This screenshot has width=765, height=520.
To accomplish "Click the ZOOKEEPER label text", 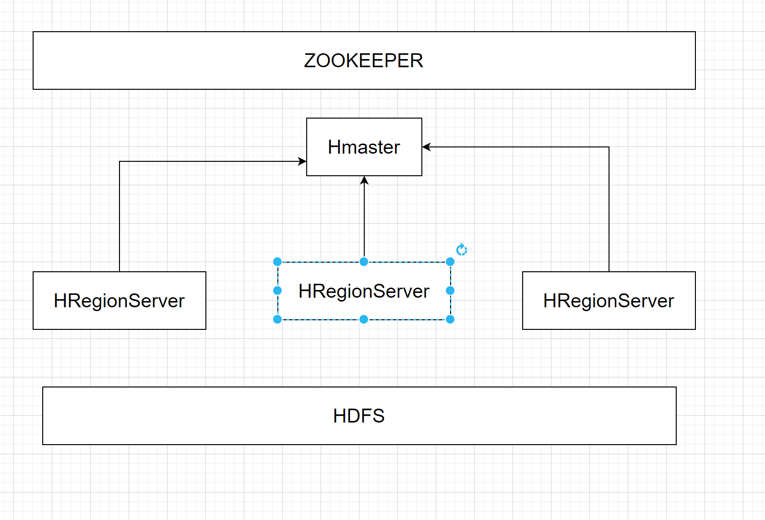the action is click(x=363, y=61).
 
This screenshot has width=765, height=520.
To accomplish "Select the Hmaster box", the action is click(x=364, y=147).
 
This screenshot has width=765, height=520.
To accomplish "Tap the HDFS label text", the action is click(x=359, y=416).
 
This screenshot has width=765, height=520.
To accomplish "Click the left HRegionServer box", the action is click(x=120, y=301).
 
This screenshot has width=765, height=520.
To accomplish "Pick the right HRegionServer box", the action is click(x=609, y=301).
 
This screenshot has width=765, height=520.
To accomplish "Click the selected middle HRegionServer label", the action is click(x=364, y=291).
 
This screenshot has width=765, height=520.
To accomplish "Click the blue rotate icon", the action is click(x=462, y=249).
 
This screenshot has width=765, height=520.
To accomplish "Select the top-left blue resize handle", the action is click(x=278, y=262).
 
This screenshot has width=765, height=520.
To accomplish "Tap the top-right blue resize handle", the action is click(x=450, y=262).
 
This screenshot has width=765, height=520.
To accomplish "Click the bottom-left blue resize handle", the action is click(x=278, y=319).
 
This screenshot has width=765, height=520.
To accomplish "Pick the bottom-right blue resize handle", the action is click(x=450, y=319).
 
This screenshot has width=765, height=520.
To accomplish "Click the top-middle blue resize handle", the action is click(x=364, y=262).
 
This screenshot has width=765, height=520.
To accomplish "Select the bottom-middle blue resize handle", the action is click(x=364, y=319).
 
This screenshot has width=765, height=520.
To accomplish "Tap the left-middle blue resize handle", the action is click(x=278, y=290).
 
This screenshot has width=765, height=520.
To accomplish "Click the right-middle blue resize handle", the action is click(x=450, y=290).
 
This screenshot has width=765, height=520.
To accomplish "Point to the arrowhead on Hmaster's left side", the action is click(x=302, y=161).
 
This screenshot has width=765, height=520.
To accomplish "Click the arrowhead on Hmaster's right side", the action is click(x=426, y=147).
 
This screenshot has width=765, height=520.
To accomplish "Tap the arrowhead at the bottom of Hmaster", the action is click(x=364, y=180).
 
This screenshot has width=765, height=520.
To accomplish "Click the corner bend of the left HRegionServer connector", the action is click(x=120, y=161).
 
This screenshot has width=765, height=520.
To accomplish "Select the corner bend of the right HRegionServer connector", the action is click(x=609, y=147).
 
